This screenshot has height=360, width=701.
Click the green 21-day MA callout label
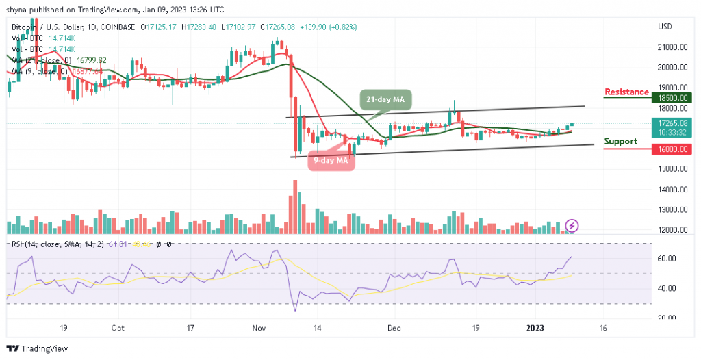(385, 100)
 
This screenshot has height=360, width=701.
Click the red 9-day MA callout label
(331, 161)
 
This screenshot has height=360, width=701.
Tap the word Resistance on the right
(626, 92)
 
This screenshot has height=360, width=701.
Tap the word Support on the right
(620, 142)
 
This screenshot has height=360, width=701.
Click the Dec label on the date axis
(393, 328)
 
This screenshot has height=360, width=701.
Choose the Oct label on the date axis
(117, 328)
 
